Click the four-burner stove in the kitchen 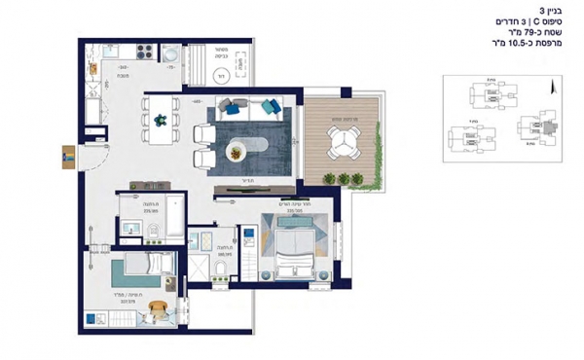147,50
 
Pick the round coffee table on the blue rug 237,150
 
